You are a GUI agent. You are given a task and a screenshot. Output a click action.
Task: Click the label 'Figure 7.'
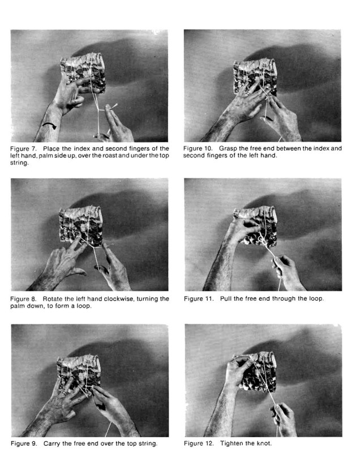(x=23, y=149)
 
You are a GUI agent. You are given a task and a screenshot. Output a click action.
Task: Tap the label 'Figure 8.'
(x=23, y=299)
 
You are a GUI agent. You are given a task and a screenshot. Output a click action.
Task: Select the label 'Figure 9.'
(x=24, y=443)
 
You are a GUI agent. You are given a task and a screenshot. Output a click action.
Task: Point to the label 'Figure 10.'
(x=198, y=148)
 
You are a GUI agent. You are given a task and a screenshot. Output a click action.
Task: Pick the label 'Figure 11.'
(x=199, y=298)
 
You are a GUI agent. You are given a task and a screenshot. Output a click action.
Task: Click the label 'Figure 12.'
(x=199, y=443)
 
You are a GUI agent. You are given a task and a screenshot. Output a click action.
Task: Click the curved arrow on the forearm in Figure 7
(x=49, y=126)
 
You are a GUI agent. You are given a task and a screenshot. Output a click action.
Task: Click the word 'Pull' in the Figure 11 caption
(x=226, y=298)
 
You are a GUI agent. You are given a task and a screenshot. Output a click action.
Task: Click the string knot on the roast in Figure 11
(x=261, y=239)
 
